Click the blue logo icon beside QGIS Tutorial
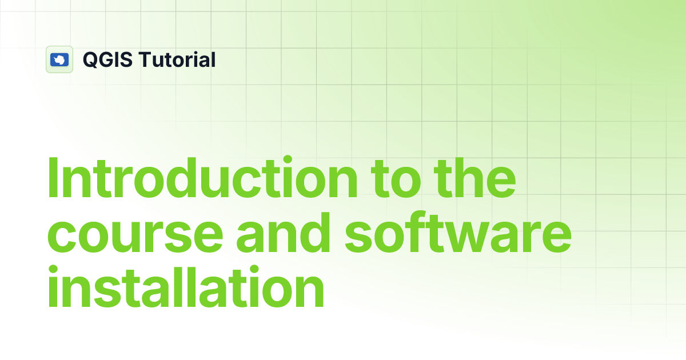click(59, 59)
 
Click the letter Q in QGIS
click(90, 59)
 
